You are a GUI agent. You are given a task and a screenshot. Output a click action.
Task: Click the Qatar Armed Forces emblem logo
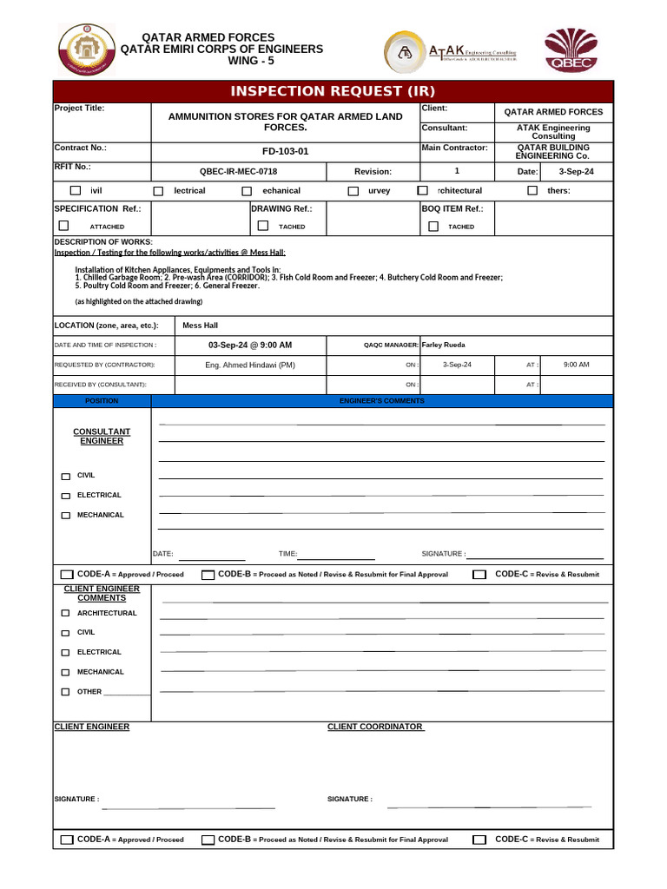tap(85, 49)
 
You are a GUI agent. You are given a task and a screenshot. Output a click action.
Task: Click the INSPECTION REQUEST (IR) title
tap(333, 92)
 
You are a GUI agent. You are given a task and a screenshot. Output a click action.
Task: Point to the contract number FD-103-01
tap(285, 152)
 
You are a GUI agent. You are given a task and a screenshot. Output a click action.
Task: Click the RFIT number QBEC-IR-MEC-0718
tap(239, 172)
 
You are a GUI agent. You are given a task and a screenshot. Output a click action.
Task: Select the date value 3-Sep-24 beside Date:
tap(576, 172)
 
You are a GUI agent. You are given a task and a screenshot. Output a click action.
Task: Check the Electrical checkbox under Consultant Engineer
tap(66, 496)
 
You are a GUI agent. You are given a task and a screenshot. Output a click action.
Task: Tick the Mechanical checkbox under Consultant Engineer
tap(66, 516)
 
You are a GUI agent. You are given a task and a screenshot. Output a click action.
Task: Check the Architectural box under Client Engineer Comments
tap(66, 614)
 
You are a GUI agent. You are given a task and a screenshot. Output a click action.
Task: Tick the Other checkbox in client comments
tap(66, 693)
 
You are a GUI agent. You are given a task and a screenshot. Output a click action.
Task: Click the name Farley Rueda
tap(443, 345)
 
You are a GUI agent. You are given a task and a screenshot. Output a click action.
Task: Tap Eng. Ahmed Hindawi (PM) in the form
tap(250, 365)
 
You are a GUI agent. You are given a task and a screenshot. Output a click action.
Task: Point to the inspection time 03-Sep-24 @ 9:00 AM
tap(250, 345)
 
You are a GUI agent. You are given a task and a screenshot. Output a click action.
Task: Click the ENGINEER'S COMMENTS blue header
tap(381, 401)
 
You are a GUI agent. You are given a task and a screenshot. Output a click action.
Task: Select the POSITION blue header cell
tap(102, 401)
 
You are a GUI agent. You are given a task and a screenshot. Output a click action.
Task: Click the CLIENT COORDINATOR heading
tap(374, 727)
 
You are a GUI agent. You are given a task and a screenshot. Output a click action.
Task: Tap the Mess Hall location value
tap(200, 326)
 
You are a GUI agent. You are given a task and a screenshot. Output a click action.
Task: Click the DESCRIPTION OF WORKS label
tap(103, 241)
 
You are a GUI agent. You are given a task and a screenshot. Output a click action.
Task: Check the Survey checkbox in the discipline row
tap(353, 191)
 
